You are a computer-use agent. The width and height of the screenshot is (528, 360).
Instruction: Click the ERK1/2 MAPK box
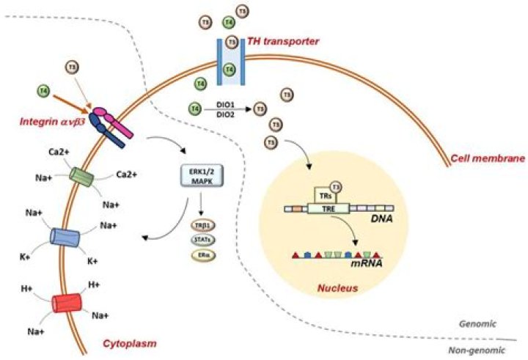coord(199,177)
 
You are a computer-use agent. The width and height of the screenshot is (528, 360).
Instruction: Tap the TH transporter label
coord(282,42)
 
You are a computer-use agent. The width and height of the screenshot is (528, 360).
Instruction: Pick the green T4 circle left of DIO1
coord(194,109)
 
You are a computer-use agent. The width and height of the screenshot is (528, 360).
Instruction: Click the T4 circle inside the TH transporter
coord(230,70)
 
